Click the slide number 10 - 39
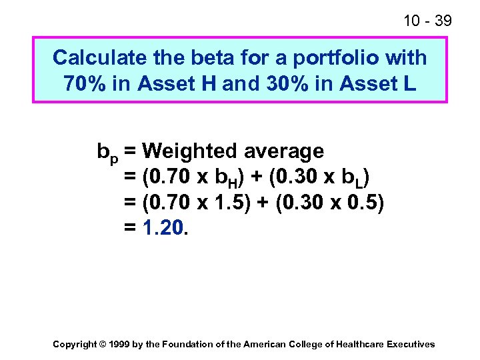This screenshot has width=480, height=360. click(x=427, y=21)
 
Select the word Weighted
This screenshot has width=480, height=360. click(x=189, y=151)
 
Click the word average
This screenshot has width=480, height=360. click(x=283, y=153)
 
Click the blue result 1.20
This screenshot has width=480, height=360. click(x=163, y=229)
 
